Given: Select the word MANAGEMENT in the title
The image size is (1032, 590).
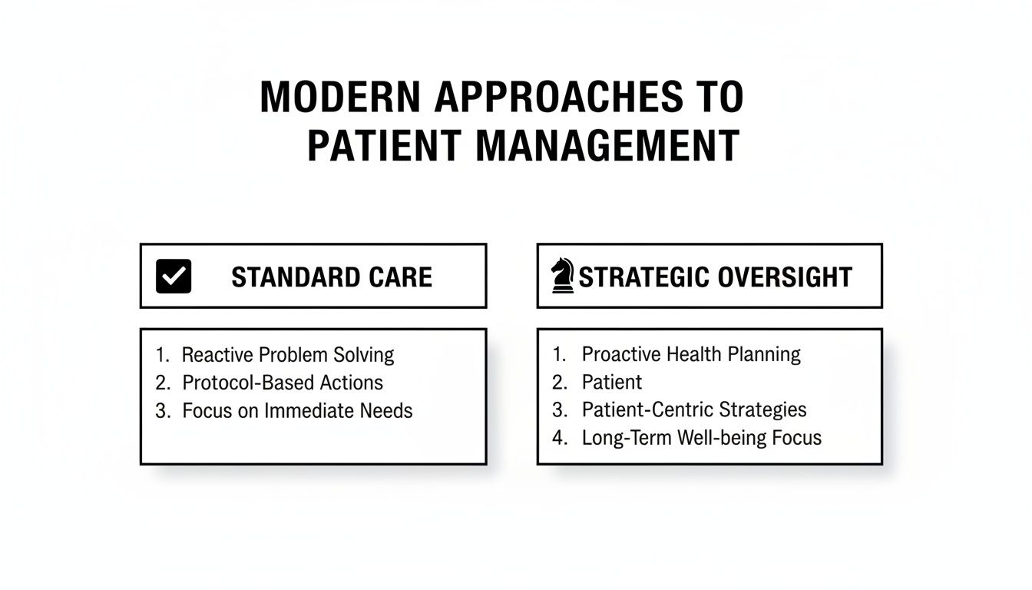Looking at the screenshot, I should point(607,146).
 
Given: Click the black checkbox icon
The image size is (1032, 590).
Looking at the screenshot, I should point(174,277).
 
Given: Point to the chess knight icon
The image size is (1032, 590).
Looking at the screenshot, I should point(563,276).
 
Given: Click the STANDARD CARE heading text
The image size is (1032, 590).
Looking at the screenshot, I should point(332,277).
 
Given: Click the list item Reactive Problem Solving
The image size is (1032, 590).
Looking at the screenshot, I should point(288,355).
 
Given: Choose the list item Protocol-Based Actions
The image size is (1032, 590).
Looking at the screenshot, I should point(283,383).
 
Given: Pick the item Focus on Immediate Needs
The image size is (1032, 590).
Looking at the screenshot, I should point(297,411).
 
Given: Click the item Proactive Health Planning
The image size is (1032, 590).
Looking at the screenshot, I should point(691,354).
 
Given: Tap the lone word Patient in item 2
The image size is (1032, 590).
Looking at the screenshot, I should point(612,382).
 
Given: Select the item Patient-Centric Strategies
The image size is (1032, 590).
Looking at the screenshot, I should point(694,409).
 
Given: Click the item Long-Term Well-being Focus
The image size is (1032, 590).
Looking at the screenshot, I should point(702,438).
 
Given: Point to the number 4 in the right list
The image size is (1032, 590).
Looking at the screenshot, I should point(559,438).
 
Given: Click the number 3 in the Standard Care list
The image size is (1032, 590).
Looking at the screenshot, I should point(161,411).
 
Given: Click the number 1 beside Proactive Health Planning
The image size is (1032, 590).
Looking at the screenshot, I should point(558,354).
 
